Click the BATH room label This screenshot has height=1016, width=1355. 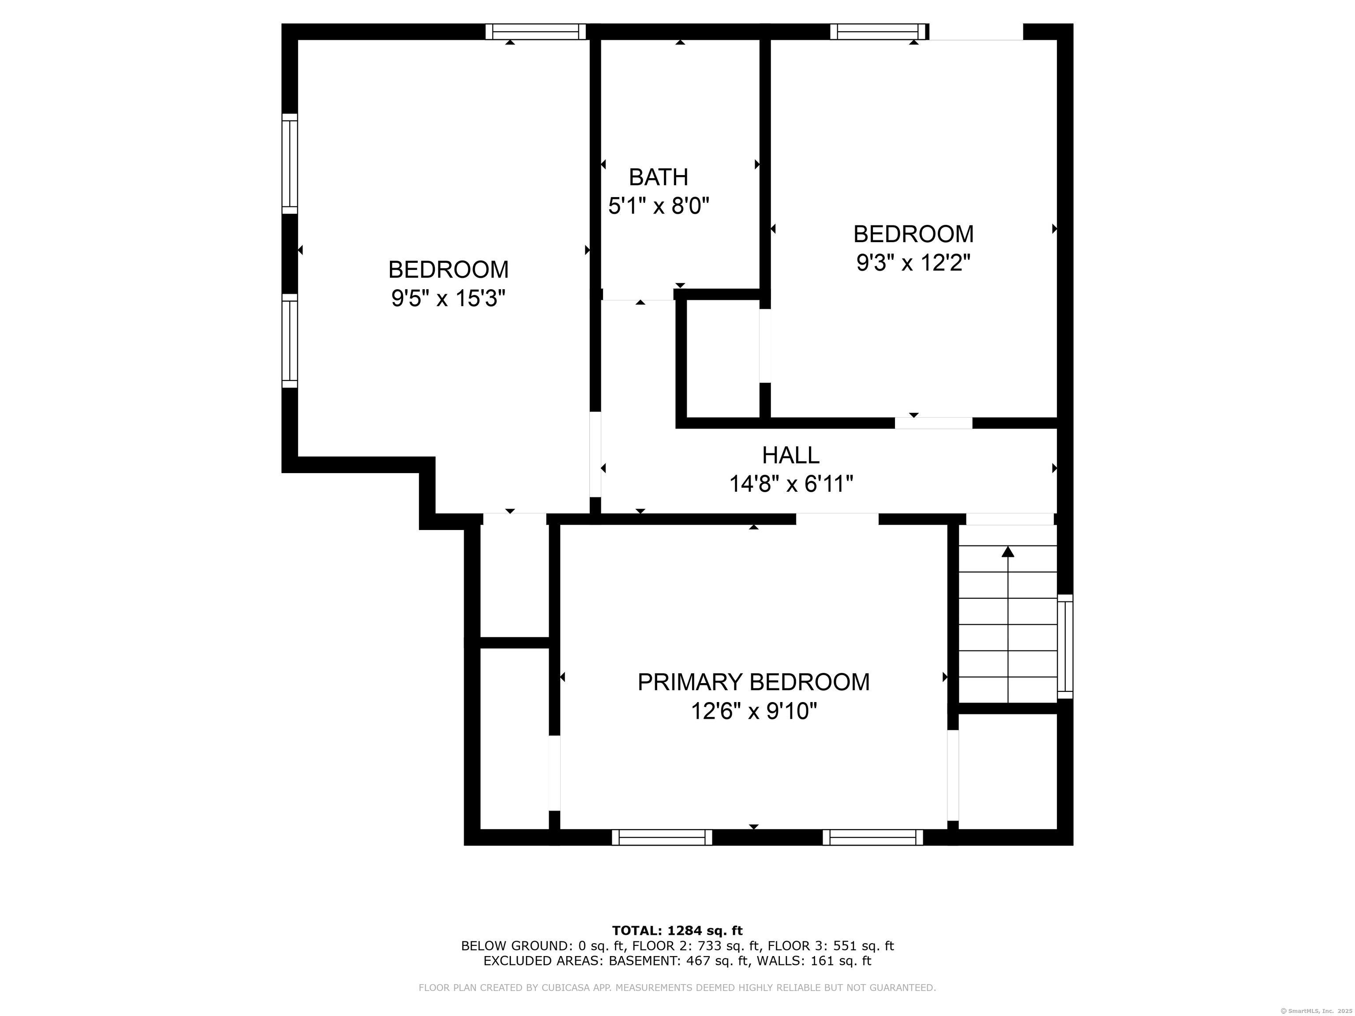click(659, 178)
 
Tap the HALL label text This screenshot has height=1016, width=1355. click(791, 455)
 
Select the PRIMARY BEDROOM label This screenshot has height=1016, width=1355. click(753, 682)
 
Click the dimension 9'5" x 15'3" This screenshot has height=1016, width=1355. click(449, 299)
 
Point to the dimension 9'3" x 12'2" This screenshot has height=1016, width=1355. click(913, 263)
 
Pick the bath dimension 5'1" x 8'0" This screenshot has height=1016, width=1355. click(659, 206)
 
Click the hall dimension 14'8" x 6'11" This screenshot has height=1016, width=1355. click(791, 485)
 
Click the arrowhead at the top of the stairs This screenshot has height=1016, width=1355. click(1008, 551)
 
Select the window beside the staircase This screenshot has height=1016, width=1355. click(1065, 646)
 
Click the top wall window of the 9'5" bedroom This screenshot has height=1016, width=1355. click(536, 32)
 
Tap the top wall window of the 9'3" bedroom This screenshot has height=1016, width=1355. click(879, 32)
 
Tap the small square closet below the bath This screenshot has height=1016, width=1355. click(723, 359)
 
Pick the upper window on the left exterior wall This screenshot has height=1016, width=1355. click(290, 164)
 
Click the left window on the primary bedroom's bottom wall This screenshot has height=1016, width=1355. click(662, 837)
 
